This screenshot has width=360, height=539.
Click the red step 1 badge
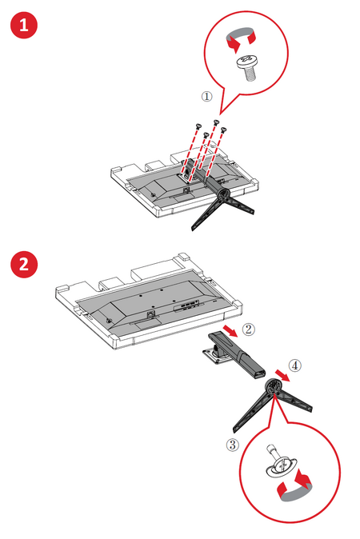click(x=24, y=25)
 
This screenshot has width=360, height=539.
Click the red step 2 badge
click(x=24, y=265)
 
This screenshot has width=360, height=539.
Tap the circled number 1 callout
click(x=206, y=96)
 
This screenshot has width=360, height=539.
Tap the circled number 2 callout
click(x=249, y=329)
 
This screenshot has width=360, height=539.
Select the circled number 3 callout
click(x=233, y=445)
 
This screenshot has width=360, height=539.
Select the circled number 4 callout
click(x=295, y=365)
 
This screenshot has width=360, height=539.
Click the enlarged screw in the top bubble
click(x=247, y=67)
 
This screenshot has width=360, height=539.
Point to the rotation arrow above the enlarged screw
click(x=241, y=38)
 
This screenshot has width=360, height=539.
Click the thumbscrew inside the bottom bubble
click(x=281, y=462)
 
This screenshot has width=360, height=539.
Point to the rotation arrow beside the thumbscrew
click(x=295, y=485)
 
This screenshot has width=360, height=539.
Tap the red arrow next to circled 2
click(x=230, y=331)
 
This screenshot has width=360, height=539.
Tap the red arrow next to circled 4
click(x=282, y=375)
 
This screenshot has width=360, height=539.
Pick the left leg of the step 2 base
click(x=252, y=412)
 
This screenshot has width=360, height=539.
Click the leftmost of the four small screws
click(x=198, y=126)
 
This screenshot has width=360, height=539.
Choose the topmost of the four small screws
click(x=216, y=122)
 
